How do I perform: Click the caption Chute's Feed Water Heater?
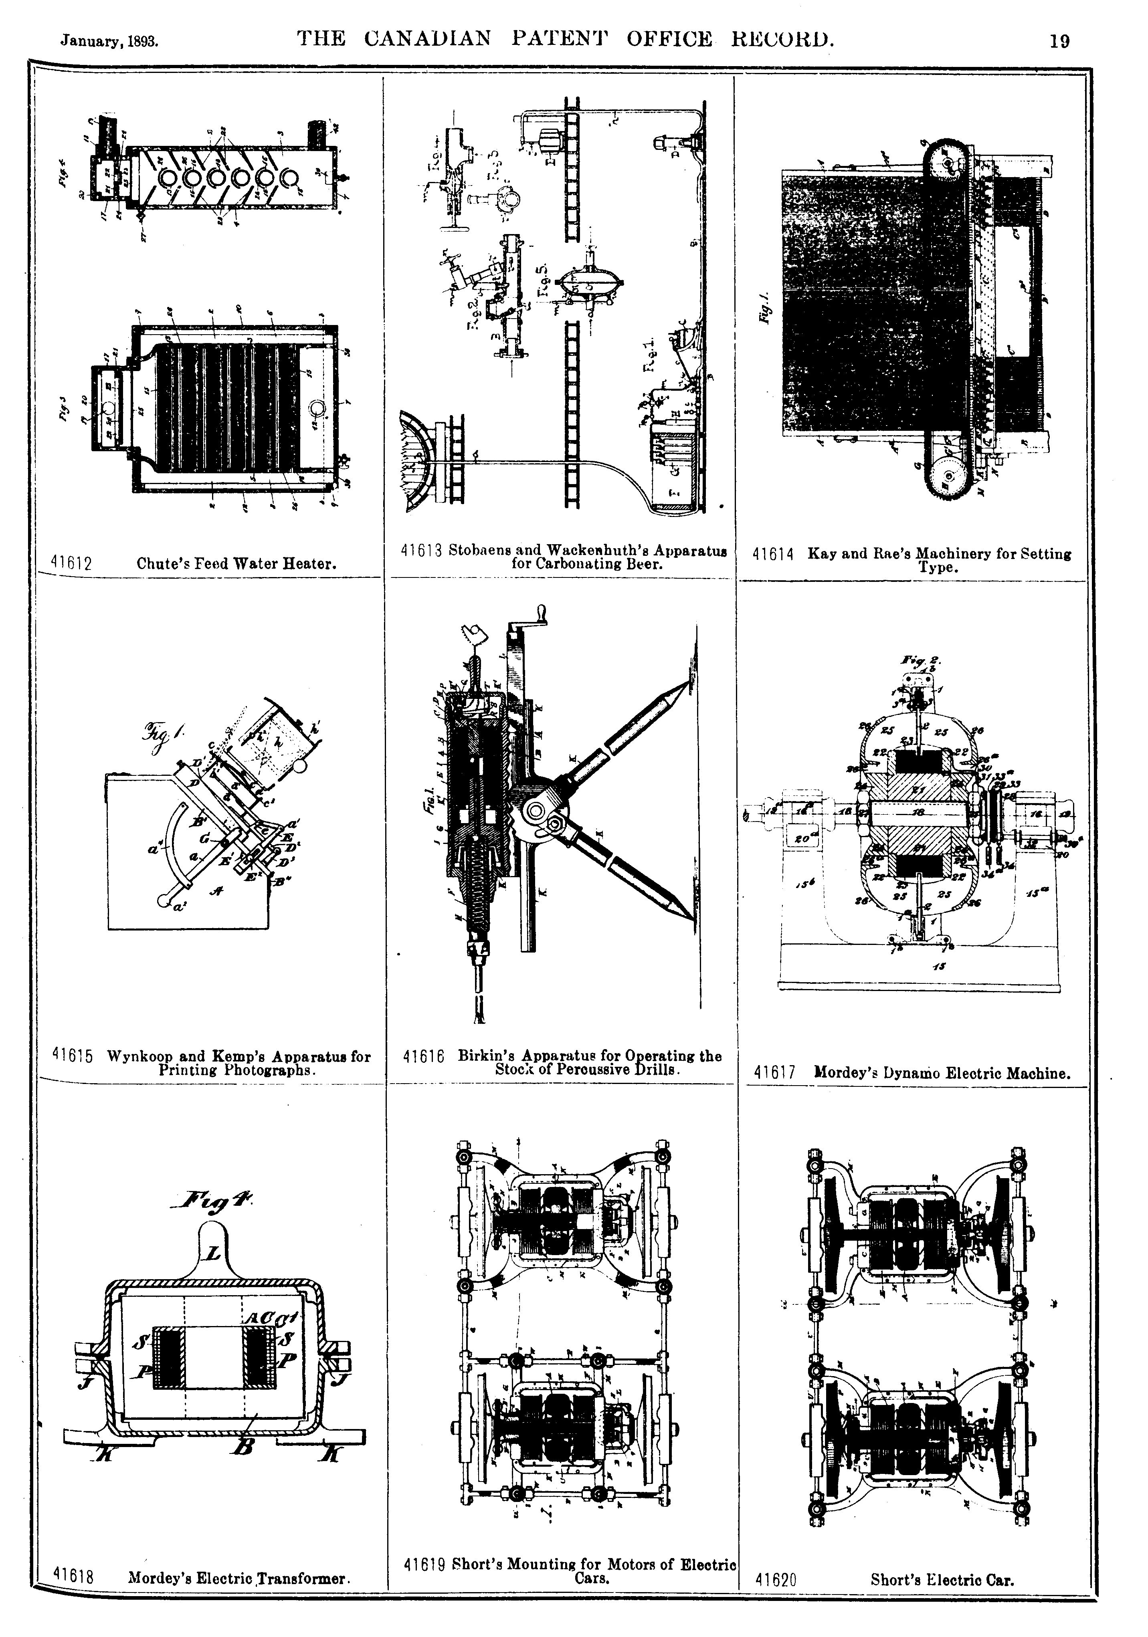coord(236,564)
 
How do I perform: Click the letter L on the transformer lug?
coord(212,1254)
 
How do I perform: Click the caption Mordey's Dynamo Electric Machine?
coord(942,1072)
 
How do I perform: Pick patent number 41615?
coord(73,1056)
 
